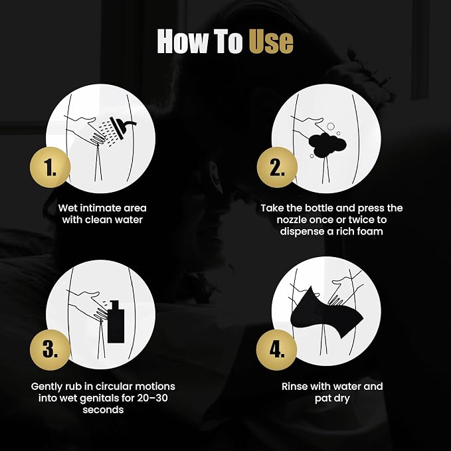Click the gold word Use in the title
271,42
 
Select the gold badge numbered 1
50,167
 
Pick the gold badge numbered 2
277,167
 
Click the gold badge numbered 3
50,350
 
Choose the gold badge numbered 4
277,350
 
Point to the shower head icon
122,128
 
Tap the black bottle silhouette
116,321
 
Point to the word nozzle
292,220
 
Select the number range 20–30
152,398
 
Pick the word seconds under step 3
103,410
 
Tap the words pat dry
332,399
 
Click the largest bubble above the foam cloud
331,126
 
